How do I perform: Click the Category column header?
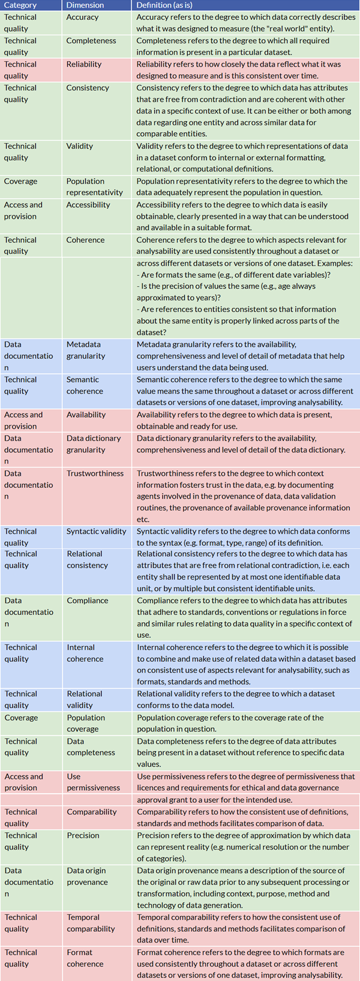20,5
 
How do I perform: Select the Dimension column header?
85,5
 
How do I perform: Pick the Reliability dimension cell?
84,64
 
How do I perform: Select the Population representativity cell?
95,187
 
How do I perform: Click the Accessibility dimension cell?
88,205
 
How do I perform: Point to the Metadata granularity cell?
86,350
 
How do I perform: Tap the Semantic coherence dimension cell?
85,385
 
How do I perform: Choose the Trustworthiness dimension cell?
95,473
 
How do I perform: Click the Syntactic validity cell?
97,531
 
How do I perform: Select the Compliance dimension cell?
88,601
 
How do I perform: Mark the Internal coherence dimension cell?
85,653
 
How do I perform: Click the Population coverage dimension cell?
86,723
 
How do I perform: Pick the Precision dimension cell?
83,835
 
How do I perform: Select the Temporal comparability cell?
91,923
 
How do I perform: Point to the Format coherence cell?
85,958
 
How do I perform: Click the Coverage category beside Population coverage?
21,718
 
